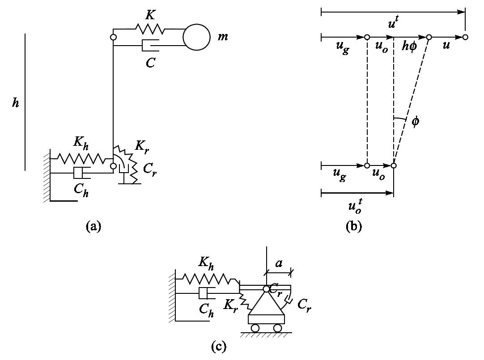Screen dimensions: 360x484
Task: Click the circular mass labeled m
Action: pos(196,37)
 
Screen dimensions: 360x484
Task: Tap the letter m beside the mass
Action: pos(223,36)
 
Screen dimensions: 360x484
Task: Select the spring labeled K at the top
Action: pos(150,29)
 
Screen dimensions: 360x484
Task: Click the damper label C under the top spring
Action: pos(150,63)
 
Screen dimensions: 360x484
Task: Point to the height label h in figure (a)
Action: pos(16,103)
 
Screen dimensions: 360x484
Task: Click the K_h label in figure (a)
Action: pos(81,143)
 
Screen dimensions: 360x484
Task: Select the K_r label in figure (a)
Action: pos(141,146)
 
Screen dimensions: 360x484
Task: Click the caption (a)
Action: pos(93,226)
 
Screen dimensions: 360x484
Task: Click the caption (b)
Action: pos(353,226)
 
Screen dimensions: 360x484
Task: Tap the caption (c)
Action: pos(218,346)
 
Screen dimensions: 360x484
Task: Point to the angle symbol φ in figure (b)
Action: pos(415,122)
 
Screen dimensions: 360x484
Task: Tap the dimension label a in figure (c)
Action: pos(279,263)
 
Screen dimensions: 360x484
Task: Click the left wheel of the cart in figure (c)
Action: pos(255,328)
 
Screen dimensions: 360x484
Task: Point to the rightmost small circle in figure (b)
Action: pos(465,37)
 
